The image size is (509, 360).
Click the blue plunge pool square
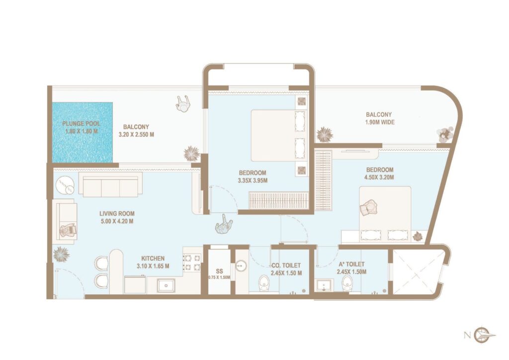coord(82,132)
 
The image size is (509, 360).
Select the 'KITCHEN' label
coord(153,259)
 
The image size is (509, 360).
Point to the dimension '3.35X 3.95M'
coord(253,180)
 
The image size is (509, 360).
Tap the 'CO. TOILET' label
coord(286,265)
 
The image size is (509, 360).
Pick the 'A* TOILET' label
coord(351,265)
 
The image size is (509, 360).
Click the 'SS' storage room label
coord(219,271)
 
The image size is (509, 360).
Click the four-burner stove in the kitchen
coord(192,263)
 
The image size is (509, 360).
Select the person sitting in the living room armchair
coord(66,230)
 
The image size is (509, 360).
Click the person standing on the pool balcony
coord(183,103)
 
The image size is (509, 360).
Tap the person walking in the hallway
coord(225,225)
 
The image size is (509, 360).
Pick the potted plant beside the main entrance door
coord(61,254)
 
